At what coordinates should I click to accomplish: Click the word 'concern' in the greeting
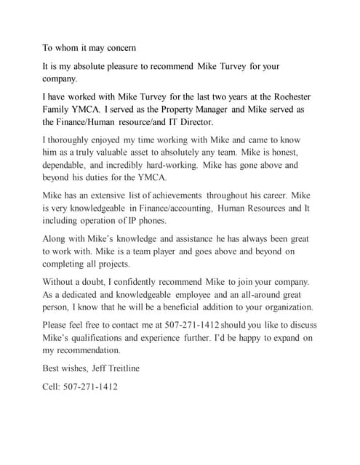119,48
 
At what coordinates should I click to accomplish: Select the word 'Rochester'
297,97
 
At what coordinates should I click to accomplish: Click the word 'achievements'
172,196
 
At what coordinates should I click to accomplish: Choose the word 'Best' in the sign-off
52,368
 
